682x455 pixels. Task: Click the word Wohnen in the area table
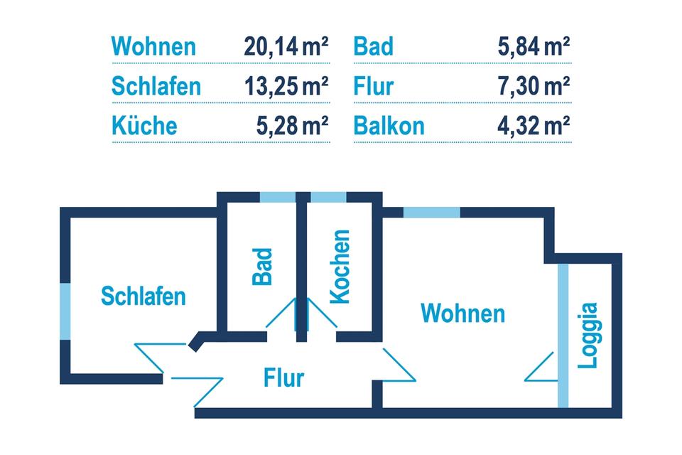coord(153,48)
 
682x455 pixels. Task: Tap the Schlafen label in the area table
coord(156,87)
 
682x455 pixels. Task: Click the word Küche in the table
coord(144,126)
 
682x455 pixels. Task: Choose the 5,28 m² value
coord(292,126)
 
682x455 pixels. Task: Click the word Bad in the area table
coord(373,48)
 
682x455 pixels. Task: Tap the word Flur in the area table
coord(373,87)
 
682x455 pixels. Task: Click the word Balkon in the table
coord(389,126)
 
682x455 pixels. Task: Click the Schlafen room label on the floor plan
coord(144,296)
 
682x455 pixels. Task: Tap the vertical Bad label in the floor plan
coord(263,266)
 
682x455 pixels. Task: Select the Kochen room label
coord(341,267)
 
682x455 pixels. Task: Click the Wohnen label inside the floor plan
coord(462,313)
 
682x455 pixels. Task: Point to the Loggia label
coord(588,336)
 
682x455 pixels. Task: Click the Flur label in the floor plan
coord(283,378)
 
